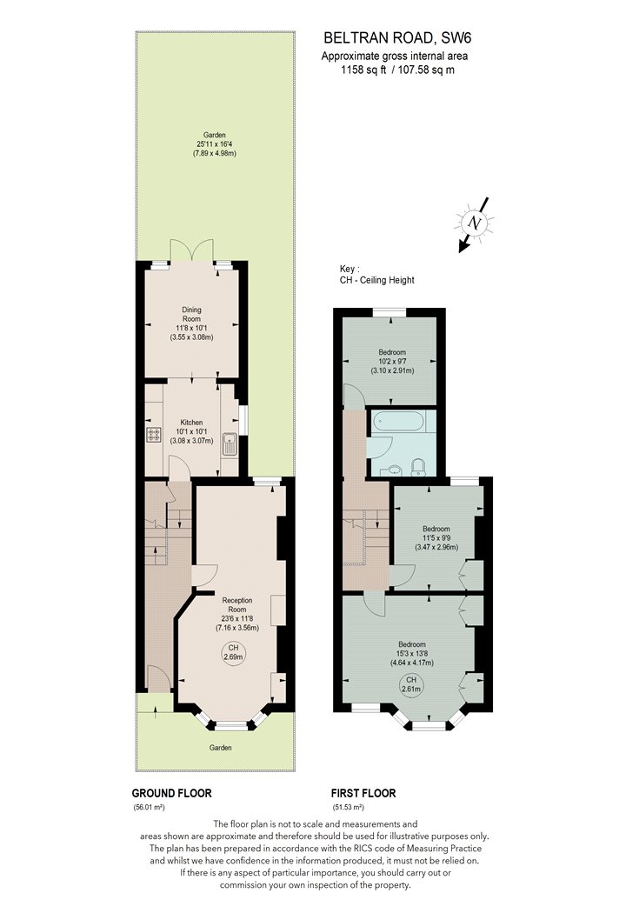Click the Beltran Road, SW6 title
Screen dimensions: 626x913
click(x=397, y=38)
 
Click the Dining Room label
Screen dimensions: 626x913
click(x=191, y=315)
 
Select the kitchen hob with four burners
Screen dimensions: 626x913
click(x=154, y=434)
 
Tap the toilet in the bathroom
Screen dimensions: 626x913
click(x=417, y=466)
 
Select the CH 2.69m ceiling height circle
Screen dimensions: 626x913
click(x=233, y=652)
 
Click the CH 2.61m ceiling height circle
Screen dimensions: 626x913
click(x=411, y=684)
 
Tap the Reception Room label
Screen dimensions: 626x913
click(x=237, y=604)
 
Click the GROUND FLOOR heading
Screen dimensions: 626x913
click(x=172, y=793)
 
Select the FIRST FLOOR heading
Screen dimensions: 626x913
click(x=363, y=793)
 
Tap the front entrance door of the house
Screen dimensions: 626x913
click(x=158, y=679)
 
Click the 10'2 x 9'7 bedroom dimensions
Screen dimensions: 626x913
click(x=392, y=361)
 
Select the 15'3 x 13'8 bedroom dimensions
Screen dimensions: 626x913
click(x=412, y=653)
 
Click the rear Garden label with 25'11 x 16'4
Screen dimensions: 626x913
click(x=214, y=143)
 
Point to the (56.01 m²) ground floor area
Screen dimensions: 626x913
click(x=150, y=808)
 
